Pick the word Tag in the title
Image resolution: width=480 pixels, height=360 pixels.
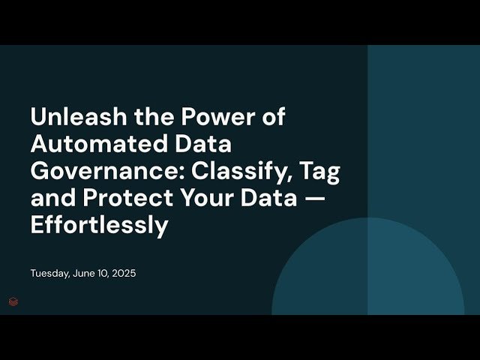(x=320, y=171)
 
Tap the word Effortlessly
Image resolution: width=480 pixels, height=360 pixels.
(x=99, y=225)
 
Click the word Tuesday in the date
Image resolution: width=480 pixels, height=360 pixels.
(x=50, y=274)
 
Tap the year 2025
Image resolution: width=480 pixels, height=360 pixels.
(x=124, y=274)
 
